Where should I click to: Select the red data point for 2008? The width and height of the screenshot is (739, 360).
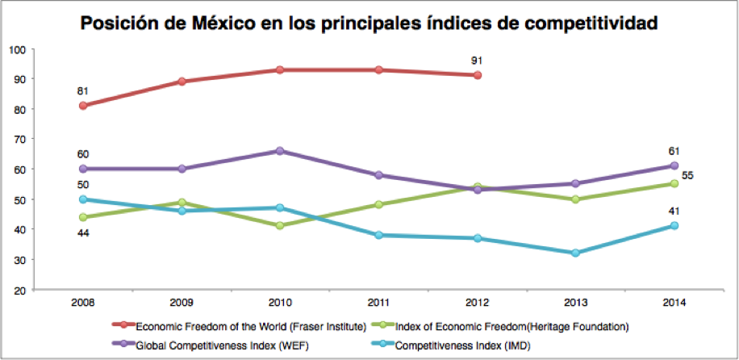click(x=83, y=106)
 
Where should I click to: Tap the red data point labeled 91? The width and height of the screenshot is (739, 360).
click(x=478, y=75)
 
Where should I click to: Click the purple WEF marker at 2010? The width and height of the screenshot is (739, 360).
click(x=280, y=151)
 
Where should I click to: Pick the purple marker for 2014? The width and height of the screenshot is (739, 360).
click(x=674, y=165)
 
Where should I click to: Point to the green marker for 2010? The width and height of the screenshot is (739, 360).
click(x=280, y=226)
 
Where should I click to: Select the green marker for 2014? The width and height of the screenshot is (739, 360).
click(x=674, y=184)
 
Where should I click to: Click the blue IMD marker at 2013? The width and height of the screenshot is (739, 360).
click(x=576, y=253)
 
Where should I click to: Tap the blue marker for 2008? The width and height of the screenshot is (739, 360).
click(x=83, y=199)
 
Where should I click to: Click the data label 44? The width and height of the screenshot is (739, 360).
click(x=83, y=234)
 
